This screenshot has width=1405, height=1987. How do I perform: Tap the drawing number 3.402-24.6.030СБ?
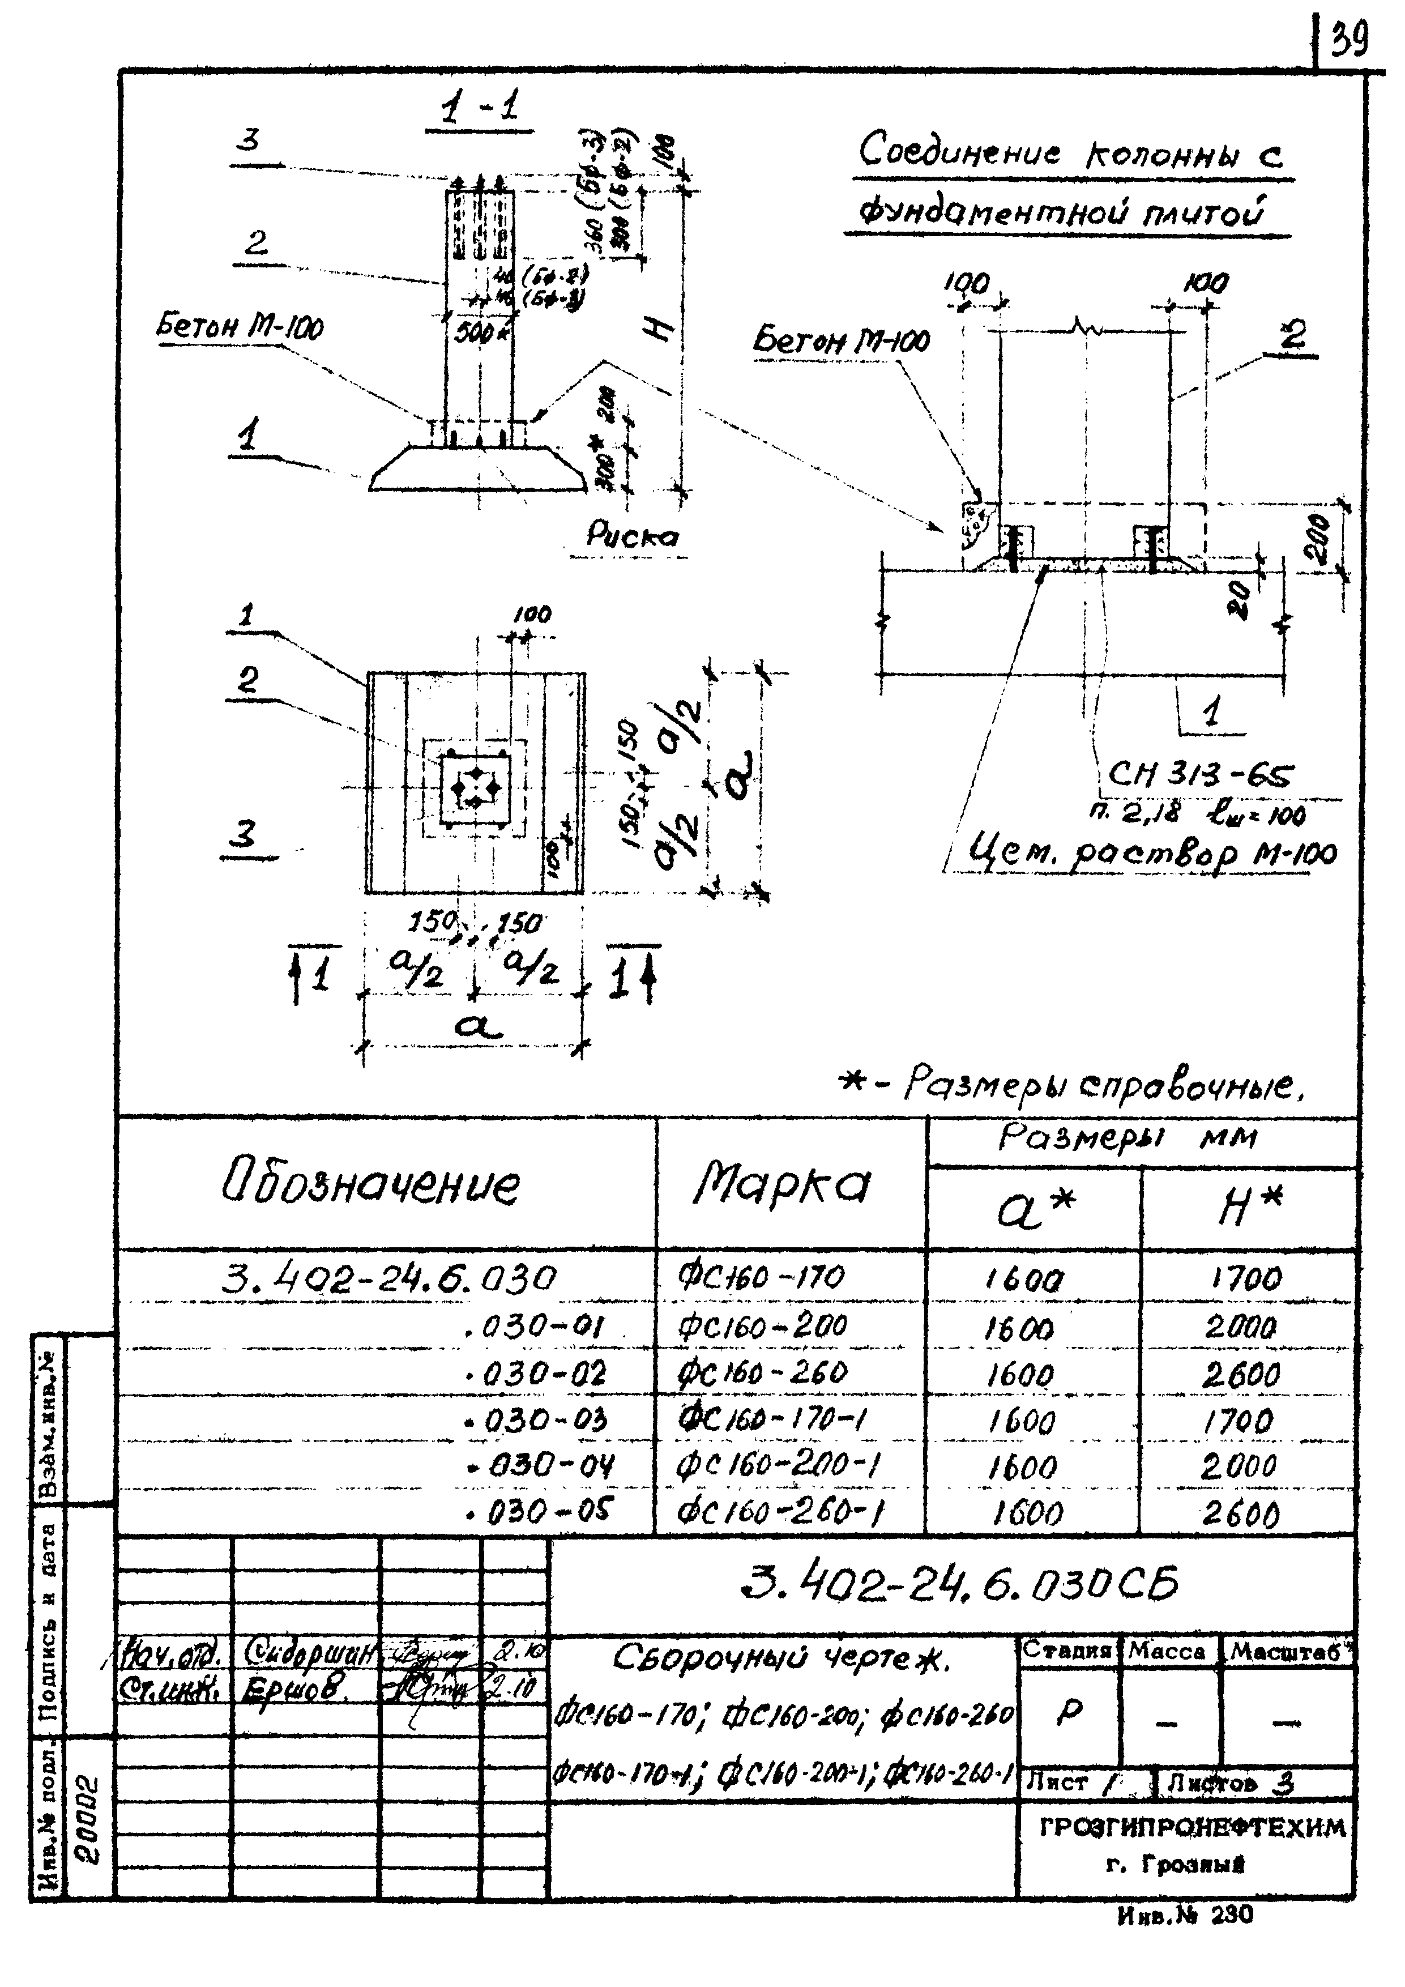[x=960, y=1585]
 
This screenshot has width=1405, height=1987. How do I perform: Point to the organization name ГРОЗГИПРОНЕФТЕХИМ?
[x=1192, y=1827]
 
